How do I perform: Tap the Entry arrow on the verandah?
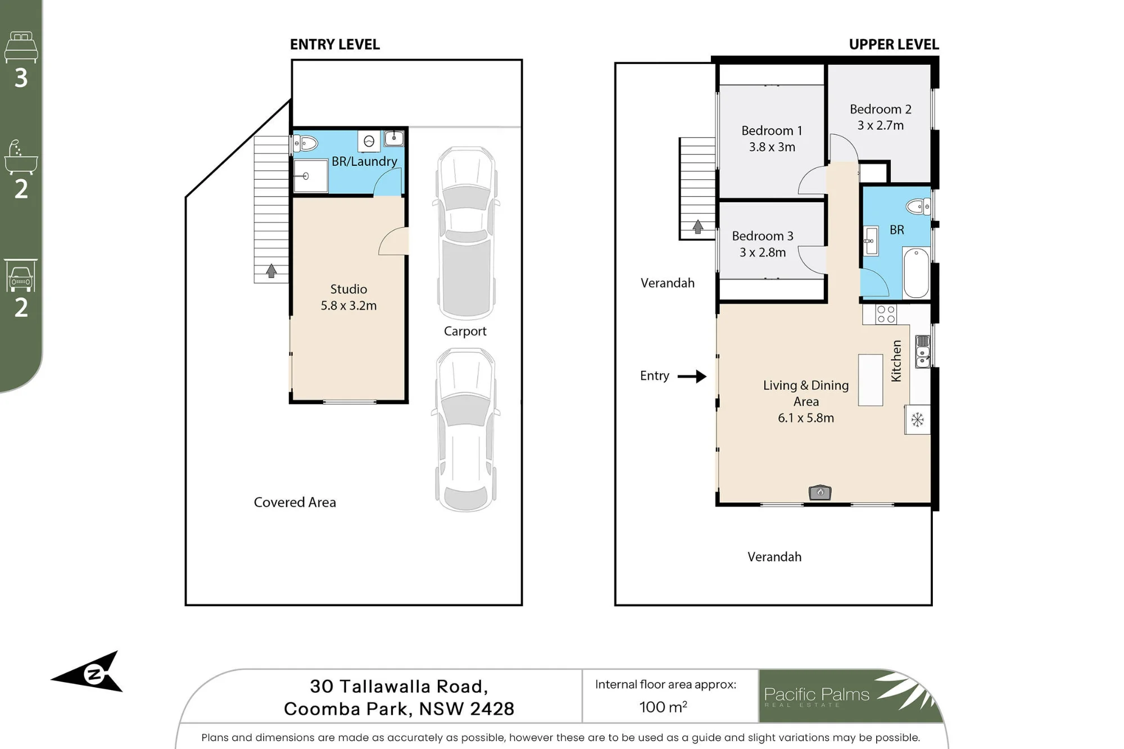coord(692,376)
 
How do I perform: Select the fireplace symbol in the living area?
coord(820,492)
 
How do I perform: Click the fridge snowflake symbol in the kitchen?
coord(917,419)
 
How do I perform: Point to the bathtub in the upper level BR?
coord(916,273)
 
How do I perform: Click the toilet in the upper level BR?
coord(919,207)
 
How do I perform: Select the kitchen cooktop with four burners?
coord(886,314)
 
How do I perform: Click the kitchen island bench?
coord(871,380)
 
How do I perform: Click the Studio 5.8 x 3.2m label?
coord(348,297)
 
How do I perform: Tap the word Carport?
coord(465,331)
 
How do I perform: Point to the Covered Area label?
coord(295,502)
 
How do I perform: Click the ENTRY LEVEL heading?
coord(335,44)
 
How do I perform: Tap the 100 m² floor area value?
coord(663,707)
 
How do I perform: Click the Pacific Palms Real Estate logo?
coord(851,696)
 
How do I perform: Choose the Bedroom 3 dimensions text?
coord(763,252)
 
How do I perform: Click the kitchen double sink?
coord(923,351)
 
